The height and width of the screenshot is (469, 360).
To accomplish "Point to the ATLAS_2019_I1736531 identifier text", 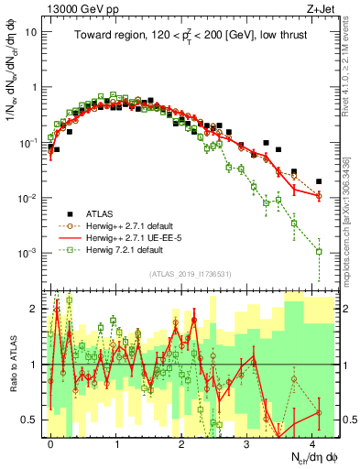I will point(190,274).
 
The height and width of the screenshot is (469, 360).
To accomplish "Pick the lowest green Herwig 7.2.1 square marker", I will point(319,251).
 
